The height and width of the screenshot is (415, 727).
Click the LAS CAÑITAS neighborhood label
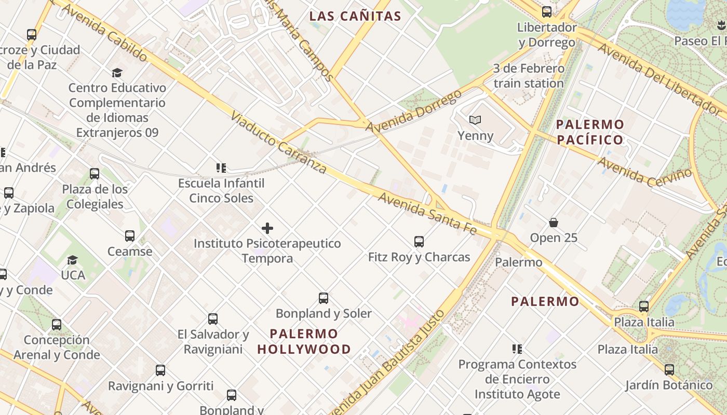click(x=355, y=16)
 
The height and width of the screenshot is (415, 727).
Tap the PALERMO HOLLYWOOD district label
click(x=304, y=341)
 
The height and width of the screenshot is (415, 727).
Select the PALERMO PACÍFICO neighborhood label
click(x=590, y=132)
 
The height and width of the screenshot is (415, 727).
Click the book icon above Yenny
click(x=475, y=120)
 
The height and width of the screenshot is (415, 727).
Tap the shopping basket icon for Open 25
click(x=554, y=223)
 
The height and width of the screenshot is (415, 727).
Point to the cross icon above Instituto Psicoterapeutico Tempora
click(x=267, y=228)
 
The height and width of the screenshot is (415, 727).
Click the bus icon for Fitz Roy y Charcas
click(x=419, y=241)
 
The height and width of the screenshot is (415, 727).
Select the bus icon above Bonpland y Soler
click(x=324, y=298)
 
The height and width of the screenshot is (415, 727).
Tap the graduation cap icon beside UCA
click(x=73, y=260)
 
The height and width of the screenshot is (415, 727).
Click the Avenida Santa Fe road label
click(x=427, y=213)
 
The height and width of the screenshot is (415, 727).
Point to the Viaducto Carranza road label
click(x=279, y=143)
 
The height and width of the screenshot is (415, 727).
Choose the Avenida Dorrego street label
click(x=413, y=111)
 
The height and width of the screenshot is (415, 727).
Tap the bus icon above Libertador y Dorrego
click(x=547, y=12)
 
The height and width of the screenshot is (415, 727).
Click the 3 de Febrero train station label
click(x=529, y=76)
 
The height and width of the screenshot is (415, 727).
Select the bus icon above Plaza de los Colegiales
click(x=95, y=174)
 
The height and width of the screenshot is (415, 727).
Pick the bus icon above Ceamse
click(x=130, y=236)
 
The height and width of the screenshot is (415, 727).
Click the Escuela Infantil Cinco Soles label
click(x=221, y=190)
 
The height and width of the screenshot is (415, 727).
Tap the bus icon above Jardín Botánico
click(x=669, y=370)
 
